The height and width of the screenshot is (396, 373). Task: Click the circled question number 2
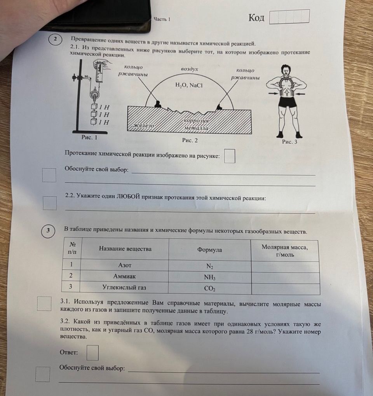55,40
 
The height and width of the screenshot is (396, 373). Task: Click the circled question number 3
48,231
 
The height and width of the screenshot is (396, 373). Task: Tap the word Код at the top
256,17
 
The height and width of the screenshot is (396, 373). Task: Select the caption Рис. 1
89,137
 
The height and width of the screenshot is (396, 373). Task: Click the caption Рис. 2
190,140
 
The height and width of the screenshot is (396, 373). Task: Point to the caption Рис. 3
290,142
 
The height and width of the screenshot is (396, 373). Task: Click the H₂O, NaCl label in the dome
189,85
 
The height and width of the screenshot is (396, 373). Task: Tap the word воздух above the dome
189,69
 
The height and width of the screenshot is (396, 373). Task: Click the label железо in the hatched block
143,126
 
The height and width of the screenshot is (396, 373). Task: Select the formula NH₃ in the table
209,277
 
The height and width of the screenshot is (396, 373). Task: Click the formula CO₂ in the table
209,288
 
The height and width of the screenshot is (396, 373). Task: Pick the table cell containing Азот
124,265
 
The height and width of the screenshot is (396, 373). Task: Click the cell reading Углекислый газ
124,288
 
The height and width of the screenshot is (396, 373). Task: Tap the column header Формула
209,250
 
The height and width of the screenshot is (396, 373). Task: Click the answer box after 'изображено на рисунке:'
230,156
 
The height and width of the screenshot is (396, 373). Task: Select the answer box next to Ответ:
92,353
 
